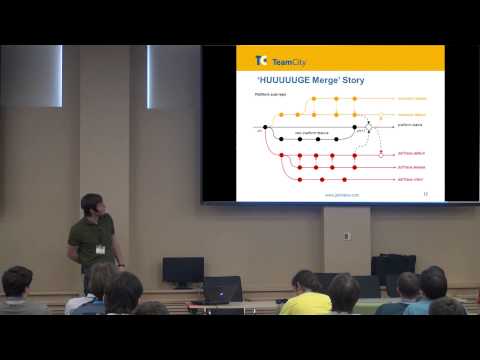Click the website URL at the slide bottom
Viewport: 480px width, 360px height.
point(335,195)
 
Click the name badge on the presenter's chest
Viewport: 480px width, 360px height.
point(100,248)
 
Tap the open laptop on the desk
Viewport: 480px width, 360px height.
point(222,289)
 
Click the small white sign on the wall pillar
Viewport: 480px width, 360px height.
point(347,236)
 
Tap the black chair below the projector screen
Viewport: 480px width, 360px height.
point(393,267)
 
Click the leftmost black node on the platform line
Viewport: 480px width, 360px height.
point(265,127)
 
